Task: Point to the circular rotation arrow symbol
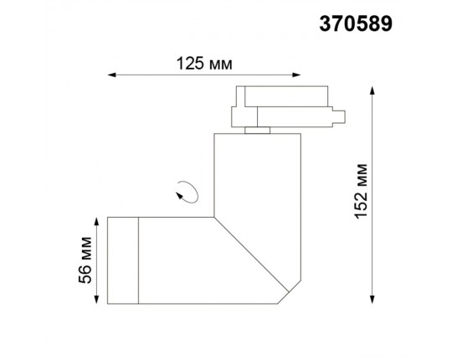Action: pyautogui.click(x=187, y=193)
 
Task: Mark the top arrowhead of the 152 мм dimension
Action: pyautogui.click(x=371, y=85)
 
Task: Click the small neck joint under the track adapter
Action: pyautogui.click(x=256, y=130)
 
